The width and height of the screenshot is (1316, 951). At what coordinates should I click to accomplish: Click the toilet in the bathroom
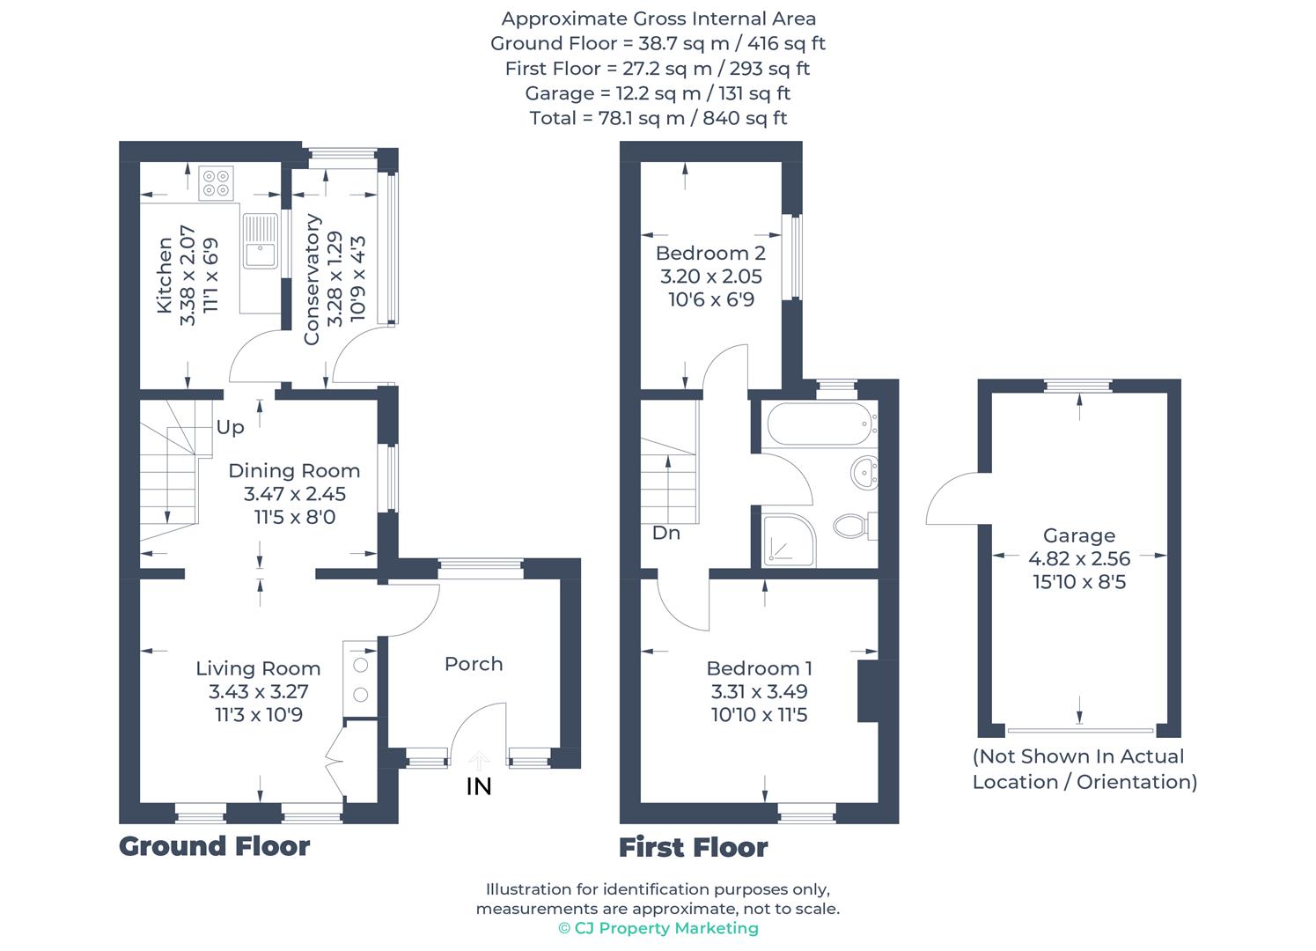(851, 527)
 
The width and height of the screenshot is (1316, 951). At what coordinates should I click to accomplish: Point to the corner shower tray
(787, 540)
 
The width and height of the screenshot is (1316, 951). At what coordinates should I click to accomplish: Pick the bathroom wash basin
(865, 473)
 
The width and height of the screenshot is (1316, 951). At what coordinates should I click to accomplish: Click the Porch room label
(474, 664)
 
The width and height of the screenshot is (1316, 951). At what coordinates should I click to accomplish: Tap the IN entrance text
(479, 786)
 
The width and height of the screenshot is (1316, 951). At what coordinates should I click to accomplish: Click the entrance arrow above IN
(479, 760)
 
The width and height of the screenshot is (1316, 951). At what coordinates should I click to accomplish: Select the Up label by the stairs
(230, 427)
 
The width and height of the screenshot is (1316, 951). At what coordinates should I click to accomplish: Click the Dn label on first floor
(666, 533)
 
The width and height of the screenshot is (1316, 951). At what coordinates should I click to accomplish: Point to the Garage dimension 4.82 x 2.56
(1079, 558)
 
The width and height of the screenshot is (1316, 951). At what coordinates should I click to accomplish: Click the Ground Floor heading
(215, 846)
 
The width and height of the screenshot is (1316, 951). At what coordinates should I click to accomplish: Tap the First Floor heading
(694, 848)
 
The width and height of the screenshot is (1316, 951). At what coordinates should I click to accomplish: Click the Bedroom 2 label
(710, 254)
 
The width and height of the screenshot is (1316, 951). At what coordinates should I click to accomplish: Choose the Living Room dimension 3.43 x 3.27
(258, 692)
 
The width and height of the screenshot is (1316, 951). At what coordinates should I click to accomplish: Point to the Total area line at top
(658, 118)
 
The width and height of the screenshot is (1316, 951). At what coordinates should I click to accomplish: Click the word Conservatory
(312, 279)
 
